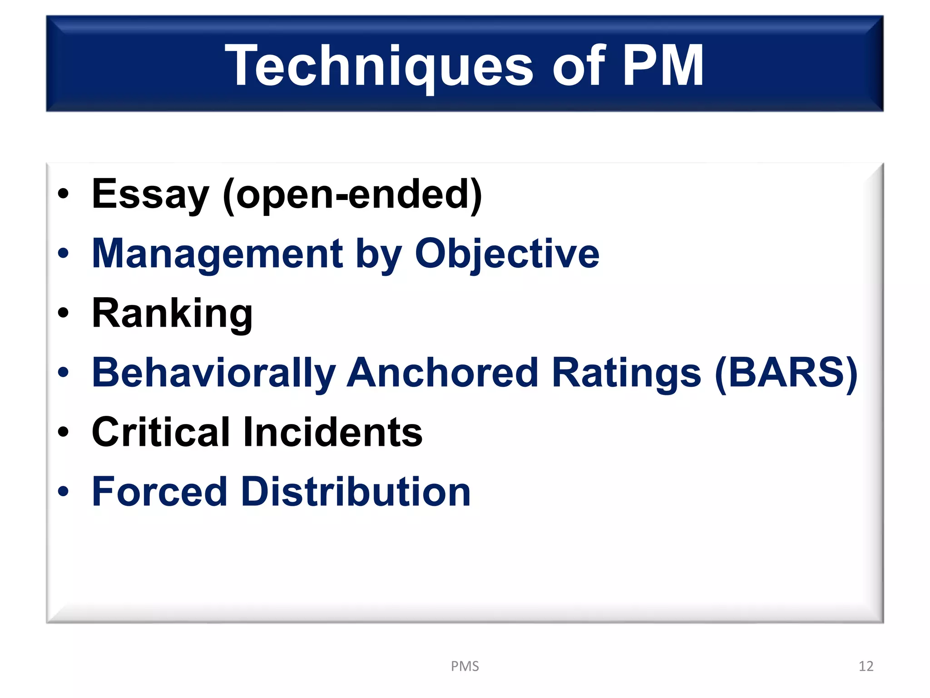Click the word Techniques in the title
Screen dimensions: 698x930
click(379, 66)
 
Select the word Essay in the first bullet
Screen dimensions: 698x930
click(150, 194)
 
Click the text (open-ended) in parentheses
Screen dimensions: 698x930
click(352, 194)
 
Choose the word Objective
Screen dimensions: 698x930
click(507, 254)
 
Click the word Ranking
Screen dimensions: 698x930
click(172, 314)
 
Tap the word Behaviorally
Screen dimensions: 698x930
click(213, 373)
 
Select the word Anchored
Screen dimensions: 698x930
click(443, 373)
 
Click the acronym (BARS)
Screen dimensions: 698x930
click(786, 373)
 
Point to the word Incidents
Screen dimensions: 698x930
click(332, 432)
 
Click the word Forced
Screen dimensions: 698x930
click(159, 492)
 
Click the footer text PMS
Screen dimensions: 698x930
click(465, 666)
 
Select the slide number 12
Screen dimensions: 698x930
click(866, 666)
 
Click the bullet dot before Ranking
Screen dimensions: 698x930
click(63, 313)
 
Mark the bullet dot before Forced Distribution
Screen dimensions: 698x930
click(63, 492)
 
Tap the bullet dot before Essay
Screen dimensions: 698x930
click(63, 194)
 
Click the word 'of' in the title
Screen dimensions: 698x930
click(579, 66)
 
